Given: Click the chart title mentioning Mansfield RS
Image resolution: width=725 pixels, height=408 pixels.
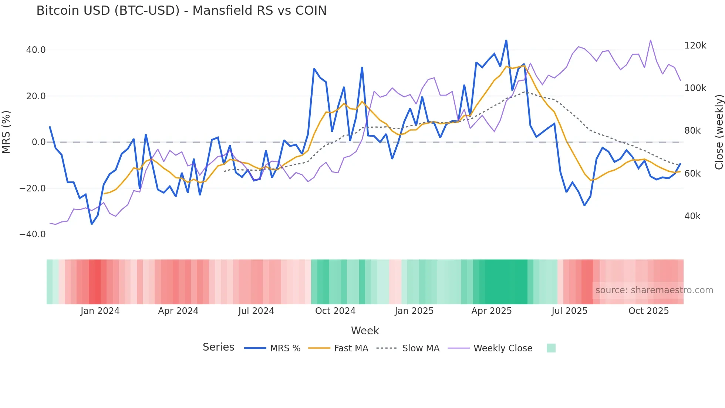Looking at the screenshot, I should click(x=181, y=11).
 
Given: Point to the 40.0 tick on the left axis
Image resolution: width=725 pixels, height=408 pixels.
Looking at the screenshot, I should click(x=36, y=50).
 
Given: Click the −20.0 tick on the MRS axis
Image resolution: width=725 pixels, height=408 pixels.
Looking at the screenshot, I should click(x=33, y=188).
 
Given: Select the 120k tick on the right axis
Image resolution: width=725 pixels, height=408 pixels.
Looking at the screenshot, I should click(x=695, y=46).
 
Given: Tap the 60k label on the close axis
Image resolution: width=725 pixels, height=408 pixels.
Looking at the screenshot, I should click(x=692, y=174).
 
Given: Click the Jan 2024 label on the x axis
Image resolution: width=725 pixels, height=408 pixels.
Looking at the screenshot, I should click(x=100, y=311).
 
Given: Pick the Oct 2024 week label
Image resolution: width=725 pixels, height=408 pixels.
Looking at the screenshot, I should click(x=335, y=311).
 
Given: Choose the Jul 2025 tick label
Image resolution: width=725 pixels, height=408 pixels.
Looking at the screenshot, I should click(x=569, y=311).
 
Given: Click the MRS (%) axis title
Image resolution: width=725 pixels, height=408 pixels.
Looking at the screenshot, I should click(x=6, y=132).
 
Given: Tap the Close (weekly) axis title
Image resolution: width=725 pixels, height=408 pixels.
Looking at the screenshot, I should click(x=719, y=132).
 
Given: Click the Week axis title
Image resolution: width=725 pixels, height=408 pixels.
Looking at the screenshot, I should click(x=365, y=331).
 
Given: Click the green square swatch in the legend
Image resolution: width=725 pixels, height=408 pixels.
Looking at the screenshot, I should click(x=551, y=348).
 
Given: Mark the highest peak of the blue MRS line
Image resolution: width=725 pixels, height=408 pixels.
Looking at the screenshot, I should click(x=506, y=40).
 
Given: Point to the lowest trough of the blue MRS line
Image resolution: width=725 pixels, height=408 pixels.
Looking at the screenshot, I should click(x=92, y=224).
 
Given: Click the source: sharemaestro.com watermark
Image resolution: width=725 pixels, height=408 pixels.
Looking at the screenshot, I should click(x=654, y=290).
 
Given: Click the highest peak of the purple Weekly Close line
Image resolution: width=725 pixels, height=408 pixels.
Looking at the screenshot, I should click(x=650, y=40).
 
